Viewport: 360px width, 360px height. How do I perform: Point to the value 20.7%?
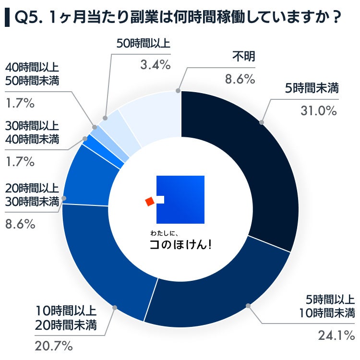pos(53,345)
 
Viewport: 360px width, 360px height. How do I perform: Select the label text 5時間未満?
pos(312,88)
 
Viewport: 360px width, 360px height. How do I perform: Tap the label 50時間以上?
pos(144,44)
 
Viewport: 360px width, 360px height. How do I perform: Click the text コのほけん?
pos(180,244)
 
